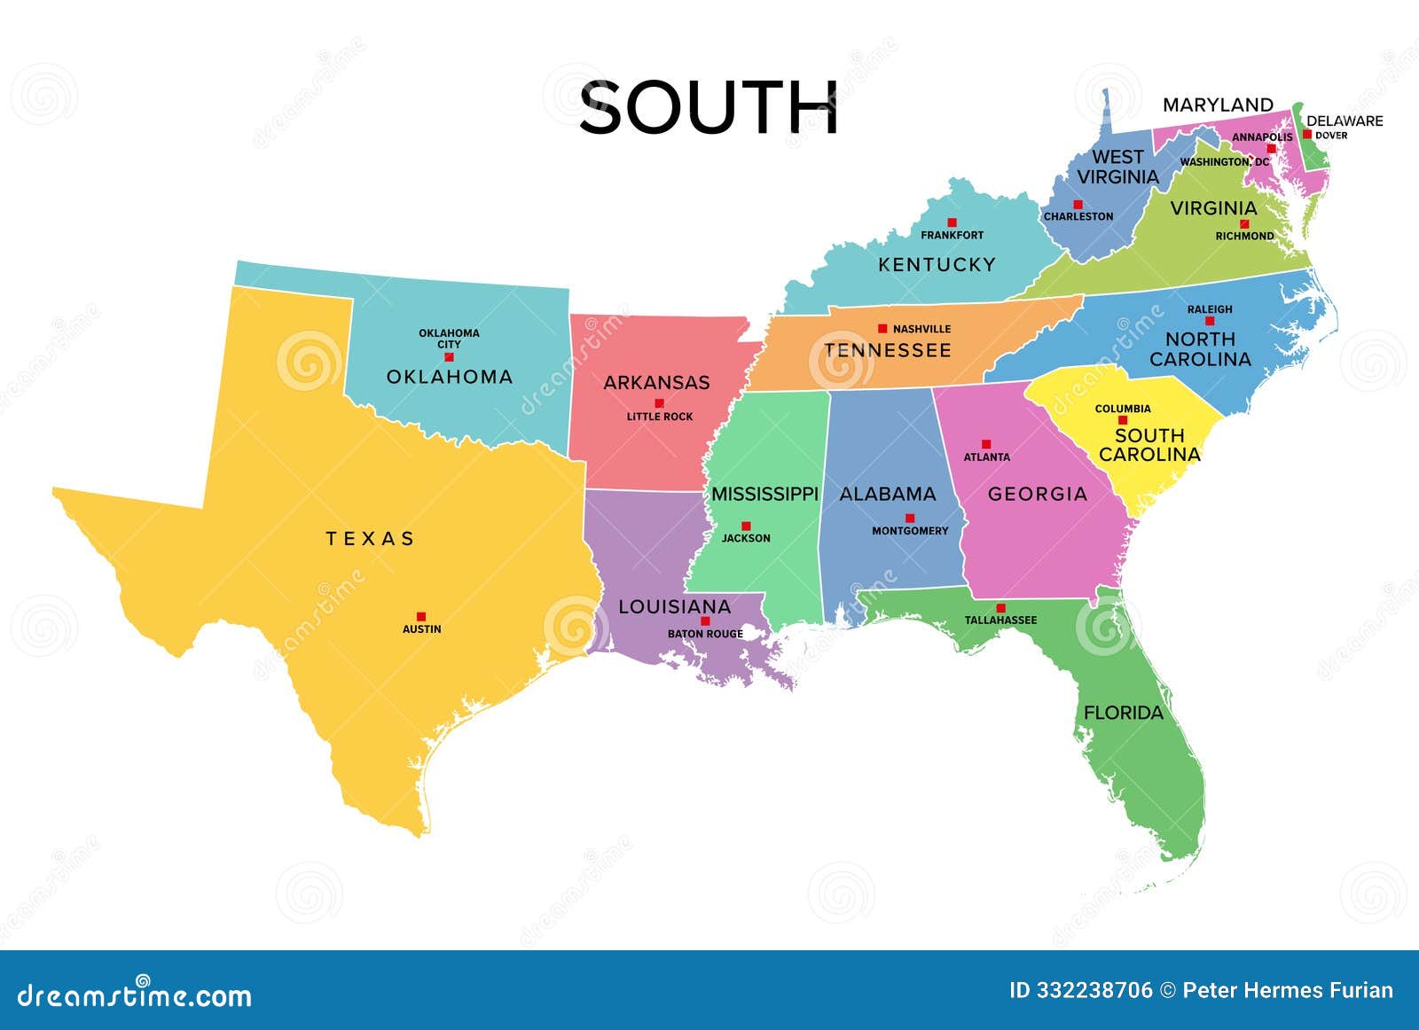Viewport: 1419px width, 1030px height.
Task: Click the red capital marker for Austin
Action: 421,616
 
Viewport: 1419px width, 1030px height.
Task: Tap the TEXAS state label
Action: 370,538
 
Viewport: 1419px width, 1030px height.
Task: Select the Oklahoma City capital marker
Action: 449,356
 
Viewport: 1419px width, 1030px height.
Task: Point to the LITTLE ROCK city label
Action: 660,417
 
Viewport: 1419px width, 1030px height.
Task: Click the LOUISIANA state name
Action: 675,607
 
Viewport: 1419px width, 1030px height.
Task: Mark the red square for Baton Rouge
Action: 705,620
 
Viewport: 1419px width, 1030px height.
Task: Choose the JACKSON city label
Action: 746,538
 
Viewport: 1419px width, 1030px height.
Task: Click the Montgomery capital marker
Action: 909,518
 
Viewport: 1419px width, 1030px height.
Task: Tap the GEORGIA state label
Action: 1038,494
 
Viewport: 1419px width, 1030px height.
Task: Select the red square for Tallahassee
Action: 1000,608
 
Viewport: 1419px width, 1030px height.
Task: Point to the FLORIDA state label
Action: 1123,713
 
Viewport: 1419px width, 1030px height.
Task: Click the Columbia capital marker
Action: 1122,420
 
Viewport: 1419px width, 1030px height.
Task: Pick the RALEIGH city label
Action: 1210,309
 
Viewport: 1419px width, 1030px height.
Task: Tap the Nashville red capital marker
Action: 882,328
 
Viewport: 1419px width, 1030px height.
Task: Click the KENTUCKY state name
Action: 937,264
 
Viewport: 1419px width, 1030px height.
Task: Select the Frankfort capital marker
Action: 952,222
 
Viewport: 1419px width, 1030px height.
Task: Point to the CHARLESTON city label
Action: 1078,216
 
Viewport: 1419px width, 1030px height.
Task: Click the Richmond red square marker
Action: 1244,224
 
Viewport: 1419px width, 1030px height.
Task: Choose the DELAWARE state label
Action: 1345,121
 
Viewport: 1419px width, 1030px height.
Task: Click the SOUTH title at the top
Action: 709,108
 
